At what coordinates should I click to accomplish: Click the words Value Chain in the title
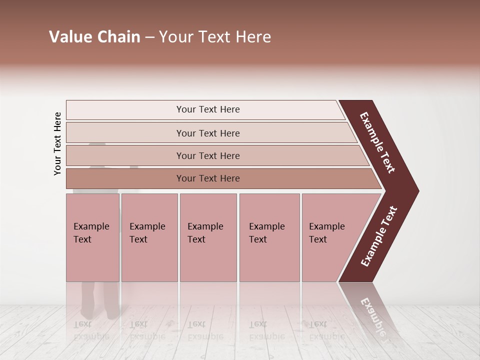pyautogui.click(x=94, y=37)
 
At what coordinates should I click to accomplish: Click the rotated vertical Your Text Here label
pyautogui.click(x=57, y=144)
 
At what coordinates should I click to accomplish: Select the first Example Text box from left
pyautogui.click(x=92, y=237)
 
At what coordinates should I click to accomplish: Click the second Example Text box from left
pyautogui.click(x=149, y=237)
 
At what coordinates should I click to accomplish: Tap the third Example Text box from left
pyautogui.click(x=208, y=237)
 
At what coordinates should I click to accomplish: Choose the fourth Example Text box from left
pyautogui.click(x=269, y=237)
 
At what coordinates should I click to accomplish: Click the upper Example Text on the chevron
pyautogui.click(x=377, y=142)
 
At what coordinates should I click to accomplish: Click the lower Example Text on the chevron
pyautogui.click(x=379, y=236)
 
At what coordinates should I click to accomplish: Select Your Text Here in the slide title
pyautogui.click(x=215, y=37)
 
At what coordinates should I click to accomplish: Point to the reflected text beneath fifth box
pyautogui.click(x=326, y=330)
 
